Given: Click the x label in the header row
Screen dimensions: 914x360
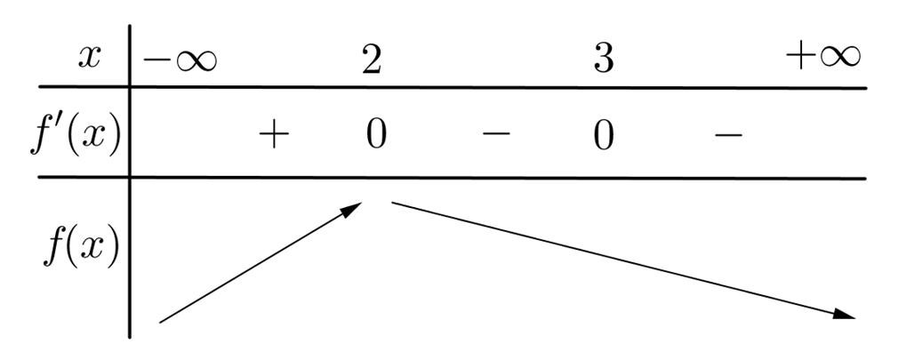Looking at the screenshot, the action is pos(90,58).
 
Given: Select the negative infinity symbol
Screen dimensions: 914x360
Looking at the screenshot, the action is pos(180,60).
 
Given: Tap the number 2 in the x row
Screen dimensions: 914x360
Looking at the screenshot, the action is pos(372,59).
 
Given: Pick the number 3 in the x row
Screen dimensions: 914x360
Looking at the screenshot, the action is pos(604,59).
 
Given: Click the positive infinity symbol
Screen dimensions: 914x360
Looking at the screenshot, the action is pos(823,57).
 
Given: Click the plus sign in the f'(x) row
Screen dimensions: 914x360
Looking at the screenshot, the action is pos(275,135).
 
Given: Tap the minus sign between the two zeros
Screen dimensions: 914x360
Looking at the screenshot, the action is pos(496,135).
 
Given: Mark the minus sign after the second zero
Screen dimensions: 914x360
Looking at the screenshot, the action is pos(728,135).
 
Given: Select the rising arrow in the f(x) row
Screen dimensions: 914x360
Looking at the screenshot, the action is pos(261,261).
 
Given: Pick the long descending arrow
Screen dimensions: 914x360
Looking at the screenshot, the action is pos(622,259).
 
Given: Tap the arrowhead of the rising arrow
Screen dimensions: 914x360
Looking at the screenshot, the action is pos(355,206).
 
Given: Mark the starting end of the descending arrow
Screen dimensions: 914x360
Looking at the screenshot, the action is pos(394,204).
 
